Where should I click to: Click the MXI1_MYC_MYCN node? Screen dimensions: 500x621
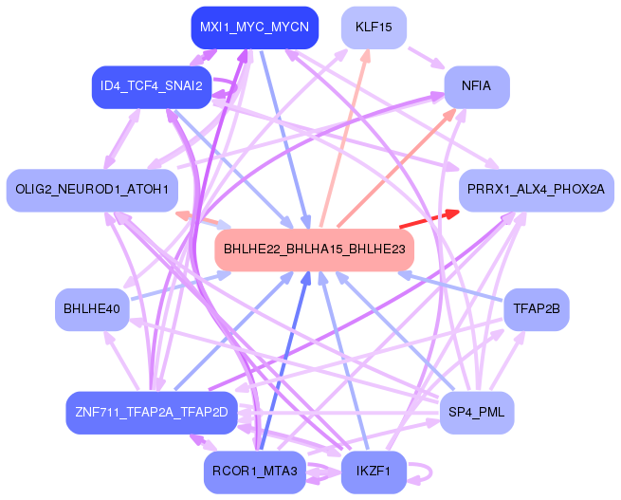(x=253, y=28)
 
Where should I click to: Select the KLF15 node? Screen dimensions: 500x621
(x=374, y=28)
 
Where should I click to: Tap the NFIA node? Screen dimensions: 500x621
(x=476, y=86)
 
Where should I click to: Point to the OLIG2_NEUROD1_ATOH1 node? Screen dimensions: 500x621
(x=91, y=190)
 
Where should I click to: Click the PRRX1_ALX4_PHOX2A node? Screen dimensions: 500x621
(x=536, y=190)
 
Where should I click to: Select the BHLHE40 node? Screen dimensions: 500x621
(x=91, y=309)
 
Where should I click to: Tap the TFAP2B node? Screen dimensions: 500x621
(x=536, y=309)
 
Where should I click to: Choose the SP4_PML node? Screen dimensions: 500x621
(x=477, y=412)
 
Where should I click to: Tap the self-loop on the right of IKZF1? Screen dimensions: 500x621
(x=426, y=471)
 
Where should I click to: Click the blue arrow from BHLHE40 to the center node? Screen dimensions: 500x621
(x=180, y=286)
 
